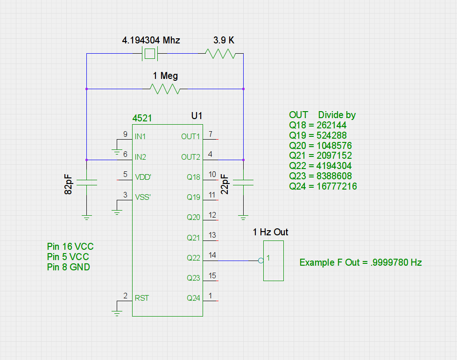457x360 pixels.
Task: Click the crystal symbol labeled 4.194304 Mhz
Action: pyautogui.click(x=150, y=54)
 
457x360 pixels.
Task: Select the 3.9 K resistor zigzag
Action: pyautogui.click(x=220, y=54)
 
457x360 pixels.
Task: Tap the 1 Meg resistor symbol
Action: pyautogui.click(x=165, y=89)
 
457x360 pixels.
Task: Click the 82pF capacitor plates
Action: pyautogui.click(x=86, y=183)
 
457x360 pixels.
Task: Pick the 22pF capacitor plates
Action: pyautogui.click(x=243, y=183)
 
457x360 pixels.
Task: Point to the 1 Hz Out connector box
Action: pyautogui.click(x=274, y=261)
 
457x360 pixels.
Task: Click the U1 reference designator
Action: pyautogui.click(x=197, y=116)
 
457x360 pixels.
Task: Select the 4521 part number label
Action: pyautogui.click(x=142, y=118)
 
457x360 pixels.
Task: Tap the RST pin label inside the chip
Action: pyautogui.click(x=141, y=298)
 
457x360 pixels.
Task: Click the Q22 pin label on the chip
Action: pyautogui.click(x=193, y=258)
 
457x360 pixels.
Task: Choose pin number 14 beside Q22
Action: pyautogui.click(x=212, y=255)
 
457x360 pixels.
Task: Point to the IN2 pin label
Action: pyautogui.click(x=140, y=157)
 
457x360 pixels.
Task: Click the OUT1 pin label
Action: pyautogui.click(x=190, y=136)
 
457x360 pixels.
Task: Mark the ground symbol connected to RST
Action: pyautogui.click(x=117, y=313)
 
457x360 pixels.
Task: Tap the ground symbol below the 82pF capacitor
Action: pyautogui.click(x=86, y=218)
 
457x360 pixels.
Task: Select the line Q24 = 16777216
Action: pyautogui.click(x=323, y=186)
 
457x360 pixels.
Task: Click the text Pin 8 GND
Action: pyautogui.click(x=69, y=267)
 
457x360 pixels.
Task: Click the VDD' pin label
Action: pyautogui.click(x=143, y=177)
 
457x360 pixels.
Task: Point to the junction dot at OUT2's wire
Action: pyautogui.click(x=243, y=160)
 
